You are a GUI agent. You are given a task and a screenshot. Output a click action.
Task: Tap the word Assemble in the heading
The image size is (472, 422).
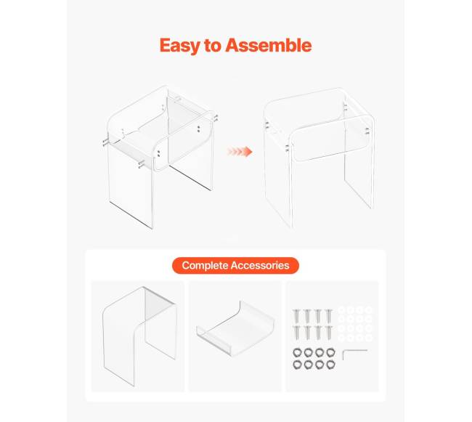pos(269,45)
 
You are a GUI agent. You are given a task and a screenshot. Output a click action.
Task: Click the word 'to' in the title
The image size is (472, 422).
pos(213,46)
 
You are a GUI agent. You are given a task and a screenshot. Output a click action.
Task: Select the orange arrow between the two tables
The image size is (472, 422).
pos(240,151)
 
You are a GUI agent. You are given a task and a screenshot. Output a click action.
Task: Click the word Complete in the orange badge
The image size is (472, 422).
pos(205,265)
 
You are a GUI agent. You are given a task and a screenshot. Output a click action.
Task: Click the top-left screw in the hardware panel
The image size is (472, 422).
pos(296,316)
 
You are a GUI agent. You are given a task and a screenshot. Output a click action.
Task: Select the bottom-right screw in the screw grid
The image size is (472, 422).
pos(329,333)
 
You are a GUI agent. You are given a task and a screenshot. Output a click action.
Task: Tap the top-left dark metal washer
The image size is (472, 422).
pos(297,352)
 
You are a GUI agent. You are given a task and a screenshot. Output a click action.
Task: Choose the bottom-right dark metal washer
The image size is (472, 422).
pos(330,365)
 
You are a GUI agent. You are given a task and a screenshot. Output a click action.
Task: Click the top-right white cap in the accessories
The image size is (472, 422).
pos(369,310)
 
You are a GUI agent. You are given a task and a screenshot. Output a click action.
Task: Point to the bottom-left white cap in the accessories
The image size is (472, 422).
pos(341,338)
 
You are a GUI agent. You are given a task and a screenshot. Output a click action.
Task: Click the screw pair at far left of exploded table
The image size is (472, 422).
pos(105,142)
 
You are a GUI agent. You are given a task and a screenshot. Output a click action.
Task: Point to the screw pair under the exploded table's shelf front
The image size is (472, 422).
pos(141,164)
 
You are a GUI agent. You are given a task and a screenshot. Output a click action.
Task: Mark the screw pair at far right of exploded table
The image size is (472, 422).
pos(216,118)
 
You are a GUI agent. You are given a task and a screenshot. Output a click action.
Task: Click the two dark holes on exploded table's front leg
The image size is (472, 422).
pos(158,153)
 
